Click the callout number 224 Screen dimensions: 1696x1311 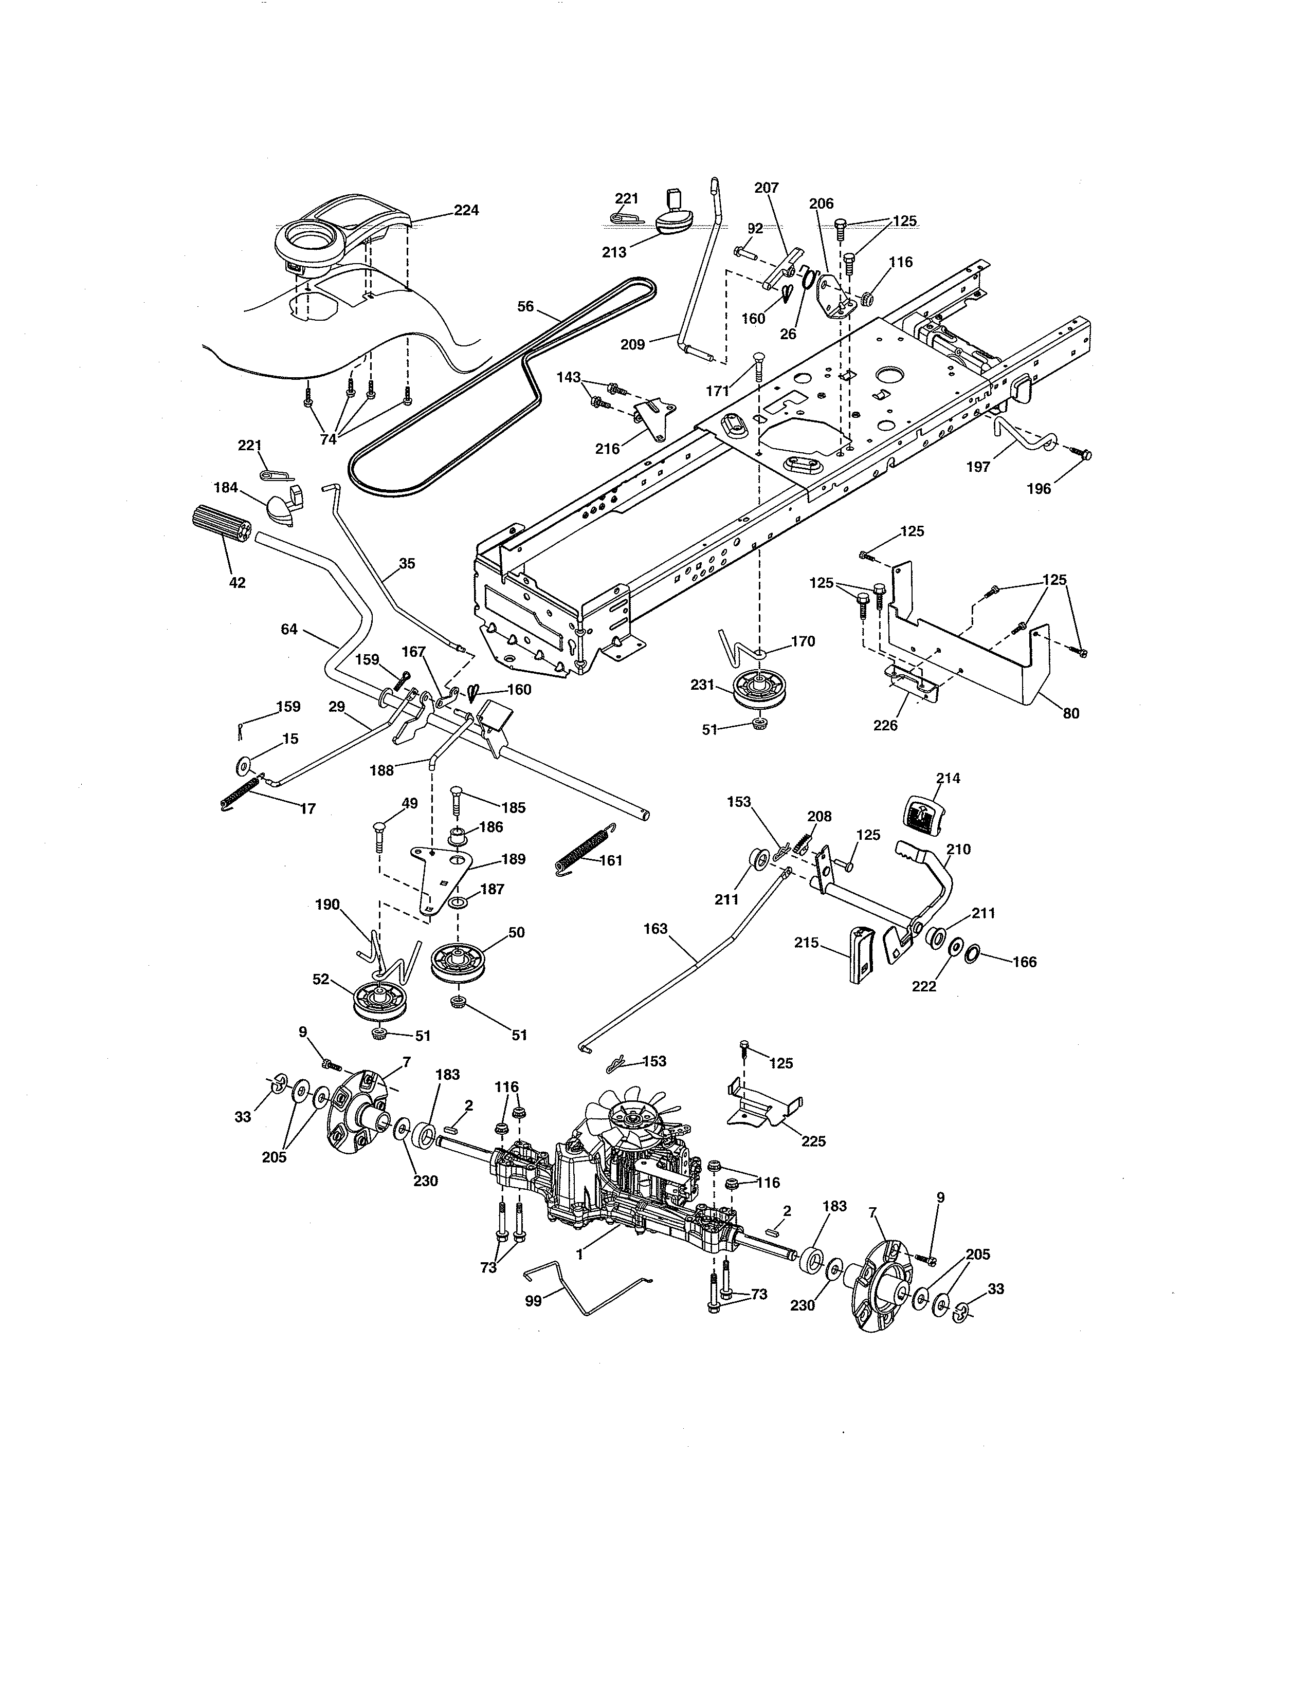(x=466, y=210)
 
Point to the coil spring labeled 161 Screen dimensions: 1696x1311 (x=582, y=852)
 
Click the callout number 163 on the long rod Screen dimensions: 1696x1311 (x=655, y=929)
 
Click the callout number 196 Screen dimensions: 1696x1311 (x=1039, y=488)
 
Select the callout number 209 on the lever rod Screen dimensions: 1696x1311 (x=632, y=344)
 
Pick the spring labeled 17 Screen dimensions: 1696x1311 (x=240, y=795)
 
